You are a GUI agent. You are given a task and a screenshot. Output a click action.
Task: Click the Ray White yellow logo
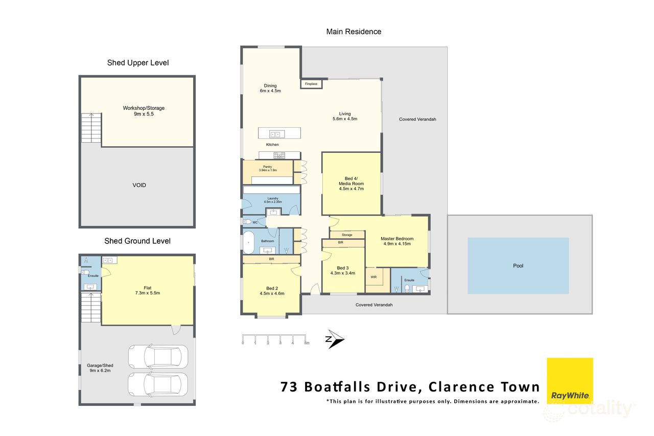pos(570,381)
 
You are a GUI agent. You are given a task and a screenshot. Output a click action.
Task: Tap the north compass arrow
pos(335,340)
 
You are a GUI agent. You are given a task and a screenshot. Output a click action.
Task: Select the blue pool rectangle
pos(518,266)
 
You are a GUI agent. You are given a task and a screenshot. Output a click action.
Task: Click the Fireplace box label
pos(311,84)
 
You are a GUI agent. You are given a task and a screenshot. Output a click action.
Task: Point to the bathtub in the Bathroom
pos(248,243)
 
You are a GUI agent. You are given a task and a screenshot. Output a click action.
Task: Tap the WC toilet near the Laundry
pos(247,222)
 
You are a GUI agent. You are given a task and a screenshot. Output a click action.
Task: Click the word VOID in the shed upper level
pos(139,185)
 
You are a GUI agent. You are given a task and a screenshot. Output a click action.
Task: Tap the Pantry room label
pos(268,167)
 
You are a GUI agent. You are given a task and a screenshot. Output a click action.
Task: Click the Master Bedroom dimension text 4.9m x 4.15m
pos(397,244)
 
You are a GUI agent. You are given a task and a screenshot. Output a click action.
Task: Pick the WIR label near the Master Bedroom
pos(373,277)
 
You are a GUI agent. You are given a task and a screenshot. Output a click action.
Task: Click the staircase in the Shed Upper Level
pos(91,128)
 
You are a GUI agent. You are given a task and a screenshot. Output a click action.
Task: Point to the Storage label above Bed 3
pos(347,235)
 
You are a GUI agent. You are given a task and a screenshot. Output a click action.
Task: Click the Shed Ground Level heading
pos(137,241)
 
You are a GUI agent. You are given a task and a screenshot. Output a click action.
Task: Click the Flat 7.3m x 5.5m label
pos(148,290)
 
